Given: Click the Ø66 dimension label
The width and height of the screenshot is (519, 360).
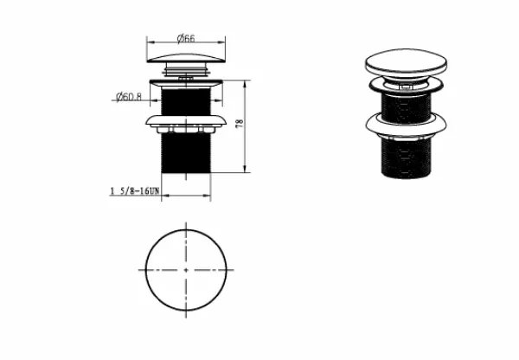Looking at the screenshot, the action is pyautogui.click(x=186, y=38).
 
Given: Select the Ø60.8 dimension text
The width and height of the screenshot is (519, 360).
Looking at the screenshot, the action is pyautogui.click(x=129, y=97).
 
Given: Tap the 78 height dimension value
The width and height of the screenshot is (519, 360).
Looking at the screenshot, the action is pyautogui.click(x=240, y=123).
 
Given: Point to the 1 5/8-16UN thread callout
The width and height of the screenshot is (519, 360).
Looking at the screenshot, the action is pyautogui.click(x=135, y=190).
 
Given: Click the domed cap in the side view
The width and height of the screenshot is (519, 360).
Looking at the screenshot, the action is pyautogui.click(x=186, y=58).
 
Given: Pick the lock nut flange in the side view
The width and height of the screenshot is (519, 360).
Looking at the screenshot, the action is pyautogui.click(x=186, y=120).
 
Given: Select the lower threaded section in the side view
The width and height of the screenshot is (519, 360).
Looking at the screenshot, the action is pyautogui.click(x=186, y=153).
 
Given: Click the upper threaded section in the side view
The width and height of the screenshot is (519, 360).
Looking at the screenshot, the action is pyautogui.click(x=186, y=101).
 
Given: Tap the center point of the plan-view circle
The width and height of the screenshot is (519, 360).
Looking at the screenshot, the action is pyautogui.click(x=186, y=270).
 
